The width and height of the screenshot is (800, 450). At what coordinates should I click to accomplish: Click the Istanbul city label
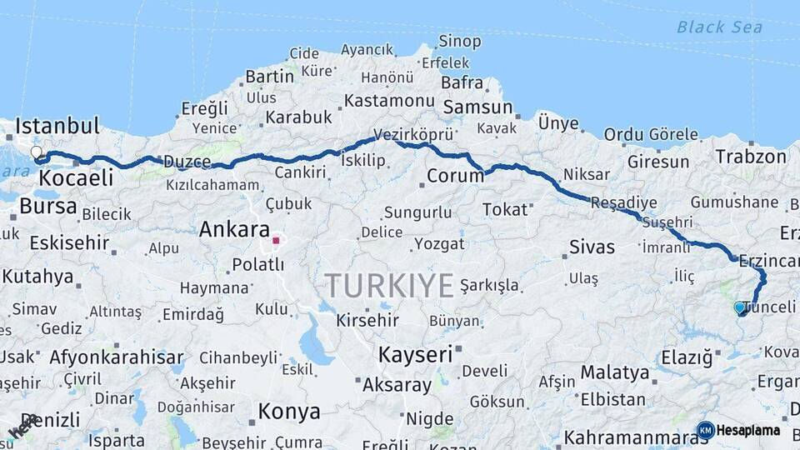57,126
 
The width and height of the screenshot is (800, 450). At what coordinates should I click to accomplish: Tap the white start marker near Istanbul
37,153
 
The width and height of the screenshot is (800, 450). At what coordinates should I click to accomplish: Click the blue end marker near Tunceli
739,307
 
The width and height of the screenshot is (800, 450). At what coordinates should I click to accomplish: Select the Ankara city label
234,229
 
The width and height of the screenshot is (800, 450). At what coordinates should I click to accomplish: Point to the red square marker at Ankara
276,240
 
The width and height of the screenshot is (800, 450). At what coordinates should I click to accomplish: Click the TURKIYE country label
389,286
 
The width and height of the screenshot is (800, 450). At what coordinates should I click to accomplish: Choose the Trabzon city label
751,156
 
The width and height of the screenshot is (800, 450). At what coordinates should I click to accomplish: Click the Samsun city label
477,107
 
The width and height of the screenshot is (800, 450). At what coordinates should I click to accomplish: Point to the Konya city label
289,411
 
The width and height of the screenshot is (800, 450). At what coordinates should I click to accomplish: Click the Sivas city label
592,247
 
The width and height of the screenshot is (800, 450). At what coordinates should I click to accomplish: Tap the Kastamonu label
389,101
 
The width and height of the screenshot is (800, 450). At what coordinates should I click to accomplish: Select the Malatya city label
615,372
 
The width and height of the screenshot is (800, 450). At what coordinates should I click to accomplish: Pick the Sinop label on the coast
460,41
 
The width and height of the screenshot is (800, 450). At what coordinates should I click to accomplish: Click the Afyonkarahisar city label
117,357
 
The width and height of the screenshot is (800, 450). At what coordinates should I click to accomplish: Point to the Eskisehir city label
69,243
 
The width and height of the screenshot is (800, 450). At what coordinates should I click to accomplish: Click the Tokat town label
505,209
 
